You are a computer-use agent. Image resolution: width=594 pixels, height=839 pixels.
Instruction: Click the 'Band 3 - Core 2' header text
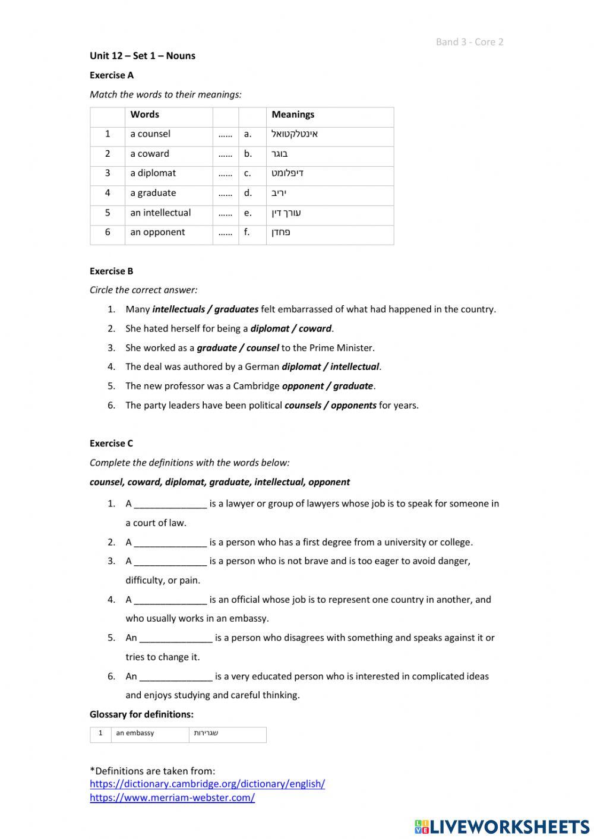tap(469, 42)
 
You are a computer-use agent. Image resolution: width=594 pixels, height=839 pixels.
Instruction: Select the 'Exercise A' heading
tap(112, 75)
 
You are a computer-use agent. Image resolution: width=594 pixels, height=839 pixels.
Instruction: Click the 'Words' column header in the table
tap(144, 115)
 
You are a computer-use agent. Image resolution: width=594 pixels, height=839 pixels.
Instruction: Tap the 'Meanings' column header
tap(293, 115)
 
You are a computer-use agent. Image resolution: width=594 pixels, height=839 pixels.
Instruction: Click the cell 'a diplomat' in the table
tap(153, 173)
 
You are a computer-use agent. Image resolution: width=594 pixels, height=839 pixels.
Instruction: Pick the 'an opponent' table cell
tap(157, 232)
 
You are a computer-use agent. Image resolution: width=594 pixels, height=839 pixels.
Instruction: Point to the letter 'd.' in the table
tap(248, 193)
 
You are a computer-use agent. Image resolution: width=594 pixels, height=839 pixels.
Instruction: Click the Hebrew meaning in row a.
tap(295, 134)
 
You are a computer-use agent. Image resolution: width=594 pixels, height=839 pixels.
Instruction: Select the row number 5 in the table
tap(108, 213)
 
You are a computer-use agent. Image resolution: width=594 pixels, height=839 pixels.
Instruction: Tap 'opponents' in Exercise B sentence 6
tap(353, 406)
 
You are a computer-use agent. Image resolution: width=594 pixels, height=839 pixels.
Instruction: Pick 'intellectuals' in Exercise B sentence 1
tap(178, 309)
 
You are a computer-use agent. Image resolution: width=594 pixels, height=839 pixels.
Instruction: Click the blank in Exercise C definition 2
tap(170, 543)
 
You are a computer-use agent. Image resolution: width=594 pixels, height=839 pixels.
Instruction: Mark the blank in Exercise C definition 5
tap(176, 638)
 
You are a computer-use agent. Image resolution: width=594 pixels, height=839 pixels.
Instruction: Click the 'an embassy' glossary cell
tap(135, 733)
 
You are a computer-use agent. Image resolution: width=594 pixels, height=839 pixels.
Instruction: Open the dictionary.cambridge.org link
tap(207, 784)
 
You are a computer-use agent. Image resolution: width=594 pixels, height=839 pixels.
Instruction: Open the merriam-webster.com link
tap(172, 798)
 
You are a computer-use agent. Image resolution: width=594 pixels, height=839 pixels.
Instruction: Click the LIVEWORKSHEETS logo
tap(502, 827)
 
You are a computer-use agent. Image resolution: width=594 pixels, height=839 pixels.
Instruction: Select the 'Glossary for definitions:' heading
tap(141, 714)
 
